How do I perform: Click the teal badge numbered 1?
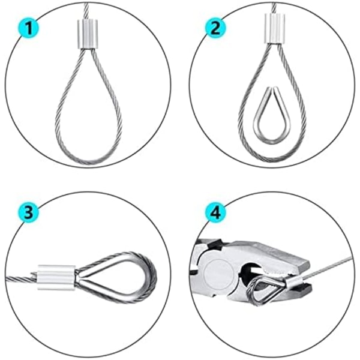(x=28, y=28)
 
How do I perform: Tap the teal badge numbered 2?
(x=215, y=28)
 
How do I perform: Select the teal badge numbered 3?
(x=28, y=212)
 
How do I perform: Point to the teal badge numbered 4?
(x=215, y=212)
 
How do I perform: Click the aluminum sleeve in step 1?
(x=88, y=34)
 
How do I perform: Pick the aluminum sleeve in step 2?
(x=275, y=28)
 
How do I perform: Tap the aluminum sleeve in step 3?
(x=56, y=277)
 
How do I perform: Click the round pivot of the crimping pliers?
(x=218, y=274)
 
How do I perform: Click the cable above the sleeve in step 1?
(x=86, y=11)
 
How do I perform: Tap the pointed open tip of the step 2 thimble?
(x=272, y=88)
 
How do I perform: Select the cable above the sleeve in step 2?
(x=274, y=8)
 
